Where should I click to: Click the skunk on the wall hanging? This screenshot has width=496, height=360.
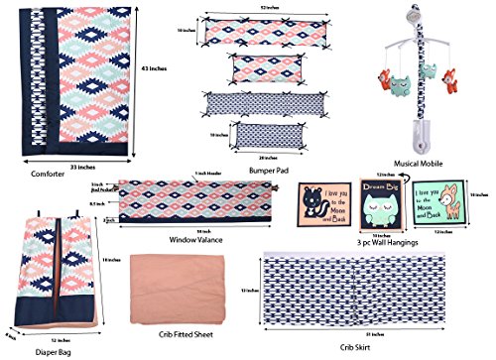click(316, 206)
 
